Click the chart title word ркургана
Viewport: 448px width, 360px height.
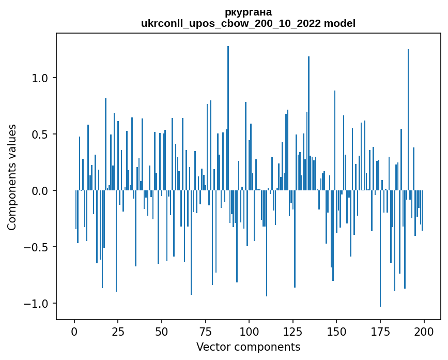click(248, 12)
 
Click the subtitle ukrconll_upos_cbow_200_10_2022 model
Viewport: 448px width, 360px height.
click(248, 23)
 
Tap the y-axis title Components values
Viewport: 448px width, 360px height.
click(12, 177)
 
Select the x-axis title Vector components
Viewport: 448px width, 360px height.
click(248, 347)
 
